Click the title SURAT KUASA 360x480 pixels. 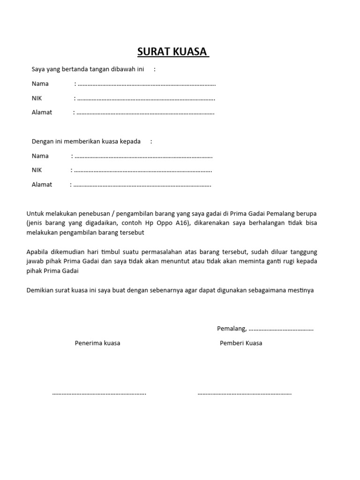coord(172,51)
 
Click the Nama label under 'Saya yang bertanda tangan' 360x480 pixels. coord(40,84)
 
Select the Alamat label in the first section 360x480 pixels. coord(42,112)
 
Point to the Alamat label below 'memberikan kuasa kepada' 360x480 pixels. coord(42,185)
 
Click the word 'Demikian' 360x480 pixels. coord(39,290)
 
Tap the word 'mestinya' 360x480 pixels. coord(299,290)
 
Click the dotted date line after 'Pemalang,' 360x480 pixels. coord(281,330)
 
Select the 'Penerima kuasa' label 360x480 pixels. coord(97,343)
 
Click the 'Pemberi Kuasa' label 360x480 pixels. coord(241,343)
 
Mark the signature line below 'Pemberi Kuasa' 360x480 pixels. coord(245,394)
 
